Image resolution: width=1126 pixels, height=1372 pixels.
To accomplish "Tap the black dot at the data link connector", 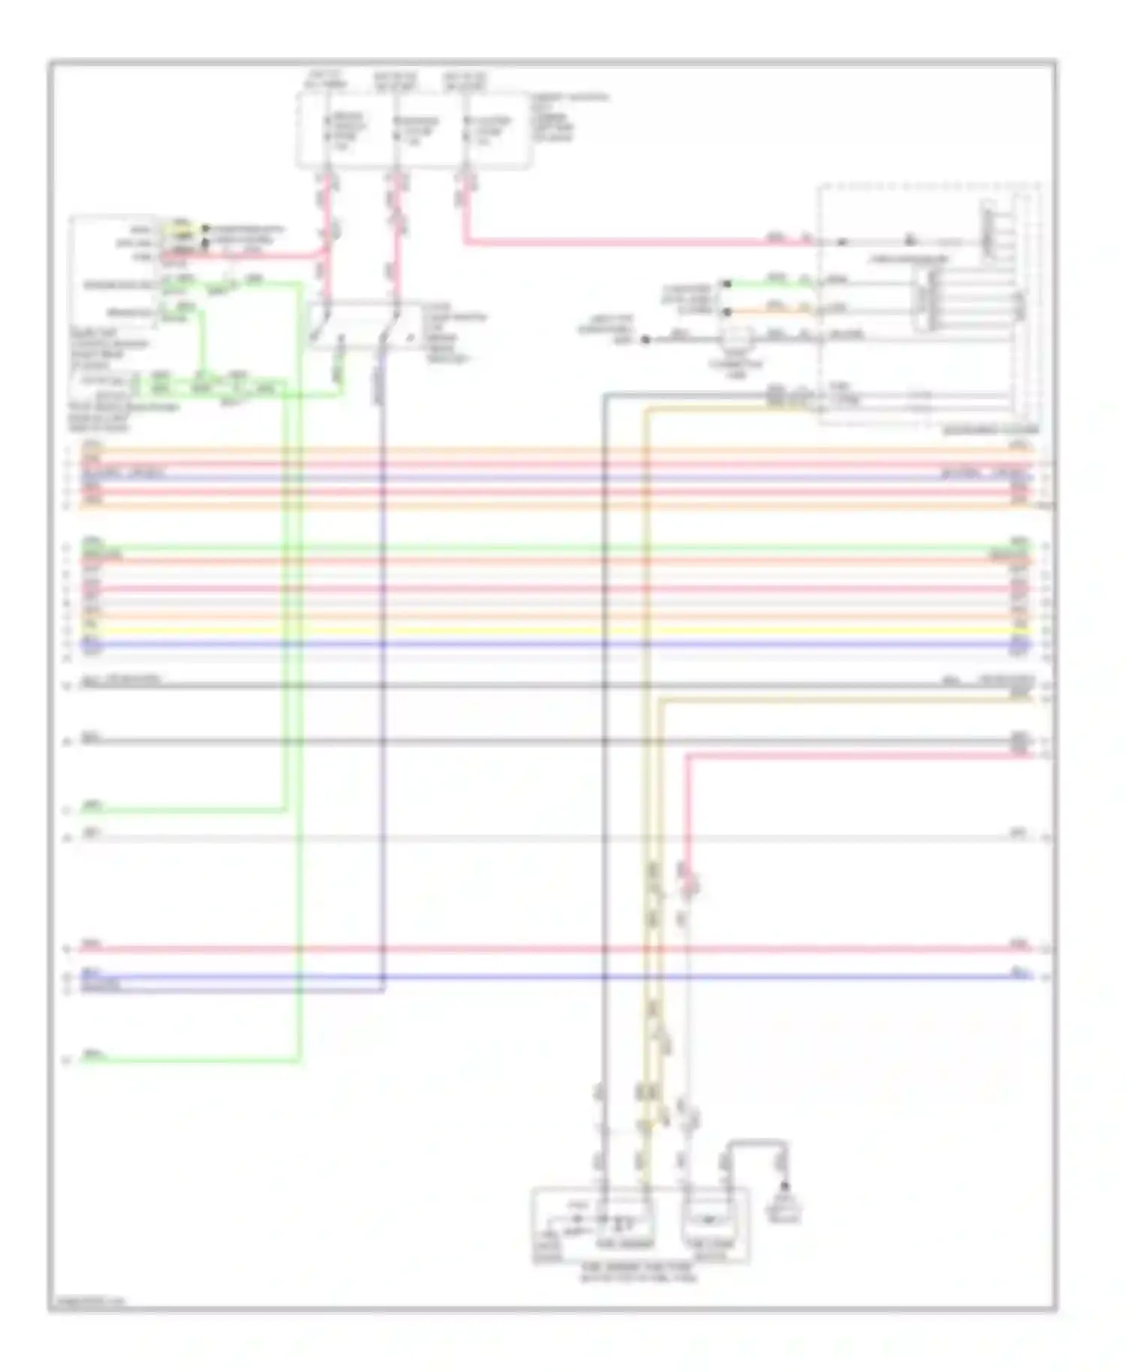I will click(x=644, y=340).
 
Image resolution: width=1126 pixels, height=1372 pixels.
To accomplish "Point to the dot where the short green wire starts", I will click(x=726, y=284).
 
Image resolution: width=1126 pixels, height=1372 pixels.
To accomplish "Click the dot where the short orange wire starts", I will click(x=726, y=310).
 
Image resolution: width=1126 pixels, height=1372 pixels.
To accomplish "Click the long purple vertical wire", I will click(x=383, y=675).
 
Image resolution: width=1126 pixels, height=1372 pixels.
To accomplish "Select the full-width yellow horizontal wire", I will click(x=555, y=630).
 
